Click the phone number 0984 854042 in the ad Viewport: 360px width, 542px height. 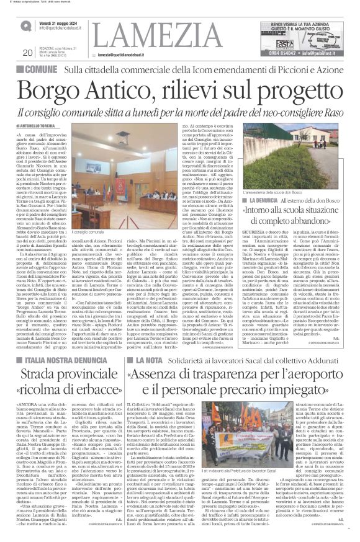click(x=279, y=55)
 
